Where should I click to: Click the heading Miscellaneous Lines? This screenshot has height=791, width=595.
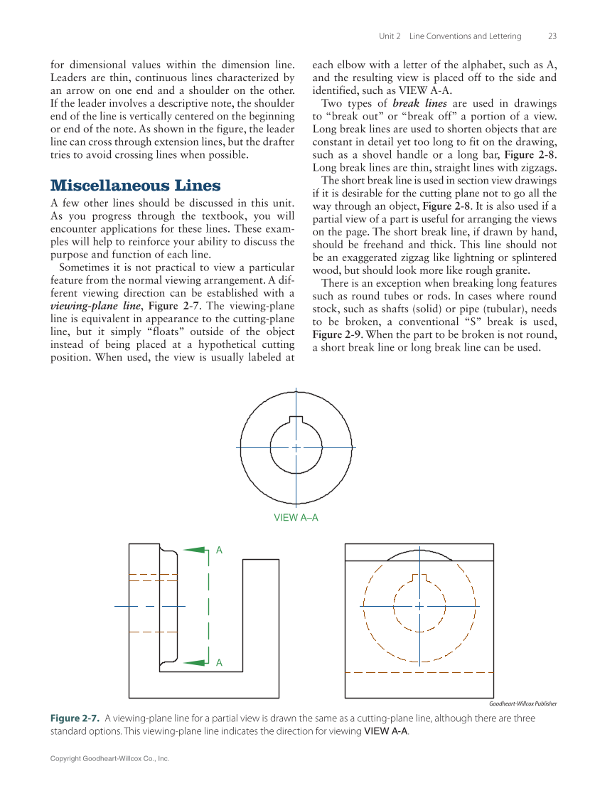pyautogui.click(x=135, y=186)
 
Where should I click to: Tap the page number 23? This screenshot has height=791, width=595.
pyautogui.click(x=552, y=36)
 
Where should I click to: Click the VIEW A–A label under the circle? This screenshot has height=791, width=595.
pyautogui.click(x=296, y=518)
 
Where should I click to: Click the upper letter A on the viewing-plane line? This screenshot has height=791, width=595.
pyautogui.click(x=219, y=551)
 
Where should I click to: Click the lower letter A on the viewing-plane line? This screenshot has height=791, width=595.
pyautogui.click(x=219, y=663)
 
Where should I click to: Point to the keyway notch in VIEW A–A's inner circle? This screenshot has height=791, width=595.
pyautogui.click(x=296, y=420)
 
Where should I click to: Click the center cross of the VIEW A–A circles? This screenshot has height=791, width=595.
pyautogui.click(x=296, y=447)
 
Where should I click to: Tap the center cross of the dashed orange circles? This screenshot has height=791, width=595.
pyautogui.click(x=419, y=606)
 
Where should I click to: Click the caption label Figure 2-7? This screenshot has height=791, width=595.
pyautogui.click(x=76, y=718)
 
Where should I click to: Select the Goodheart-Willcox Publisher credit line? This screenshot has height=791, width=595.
pyautogui.click(x=522, y=704)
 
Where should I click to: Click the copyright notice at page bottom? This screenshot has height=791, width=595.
pyautogui.click(x=109, y=759)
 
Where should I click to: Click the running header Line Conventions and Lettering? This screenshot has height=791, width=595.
pyautogui.click(x=465, y=36)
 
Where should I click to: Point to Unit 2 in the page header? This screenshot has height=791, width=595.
pyautogui.click(x=390, y=36)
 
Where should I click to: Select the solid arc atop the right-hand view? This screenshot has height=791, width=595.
pyautogui.click(x=419, y=552)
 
